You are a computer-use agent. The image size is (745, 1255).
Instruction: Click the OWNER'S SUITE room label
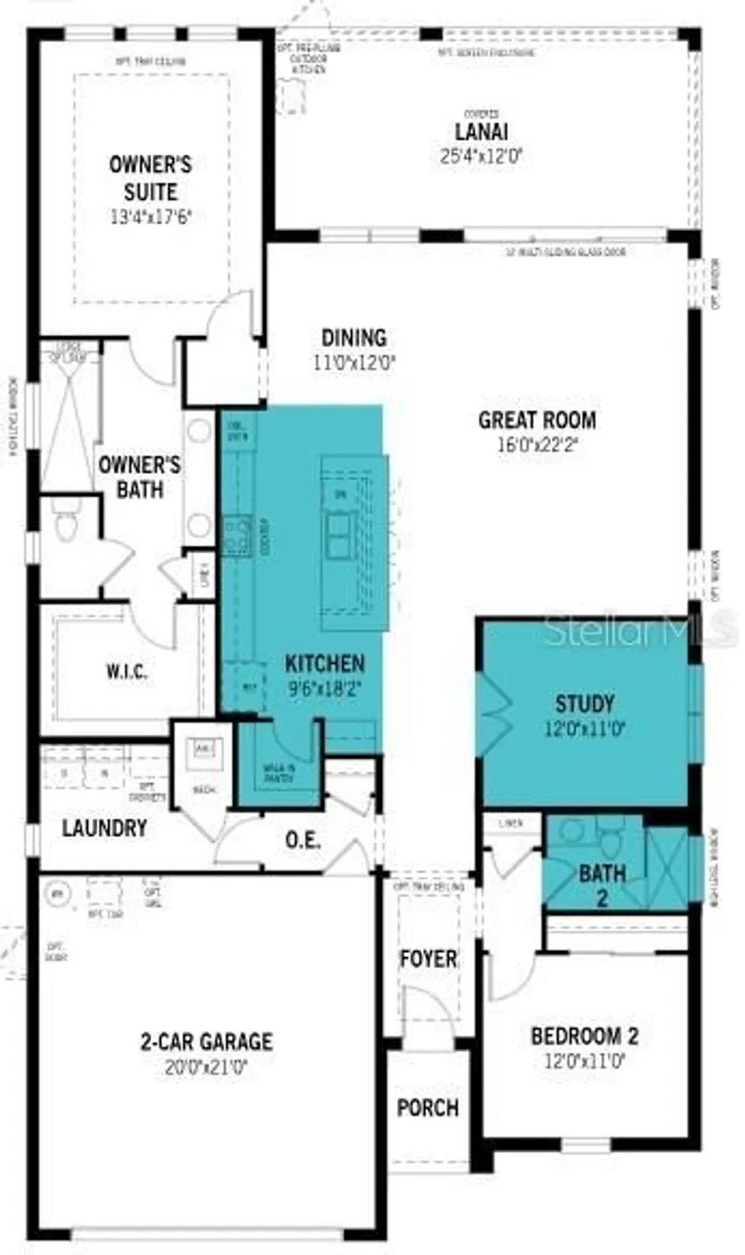point(151,177)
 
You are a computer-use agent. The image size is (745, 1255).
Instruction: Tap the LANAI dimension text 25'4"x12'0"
point(481,156)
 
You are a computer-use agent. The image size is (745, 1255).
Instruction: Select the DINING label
point(355,337)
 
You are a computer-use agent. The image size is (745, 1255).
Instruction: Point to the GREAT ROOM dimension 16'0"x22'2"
point(538,445)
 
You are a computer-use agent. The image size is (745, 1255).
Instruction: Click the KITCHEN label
point(325,664)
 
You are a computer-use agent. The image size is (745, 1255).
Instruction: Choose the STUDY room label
point(585,704)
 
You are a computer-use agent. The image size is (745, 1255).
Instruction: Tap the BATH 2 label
point(602,885)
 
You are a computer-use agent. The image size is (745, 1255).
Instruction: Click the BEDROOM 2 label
point(584,1036)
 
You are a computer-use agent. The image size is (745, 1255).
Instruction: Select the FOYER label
point(428,959)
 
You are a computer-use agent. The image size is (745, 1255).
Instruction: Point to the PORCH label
point(428,1108)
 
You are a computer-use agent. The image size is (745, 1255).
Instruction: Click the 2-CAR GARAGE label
point(206,1042)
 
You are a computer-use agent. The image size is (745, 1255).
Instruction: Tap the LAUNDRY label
point(105,828)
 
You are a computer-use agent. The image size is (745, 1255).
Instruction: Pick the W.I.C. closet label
point(127,671)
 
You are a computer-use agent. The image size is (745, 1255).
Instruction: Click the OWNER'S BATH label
point(140,477)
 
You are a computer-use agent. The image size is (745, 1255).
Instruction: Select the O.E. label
point(303,840)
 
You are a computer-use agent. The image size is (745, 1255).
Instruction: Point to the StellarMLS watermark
point(640,630)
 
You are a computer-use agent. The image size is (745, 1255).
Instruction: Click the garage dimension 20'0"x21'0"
point(206,1068)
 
